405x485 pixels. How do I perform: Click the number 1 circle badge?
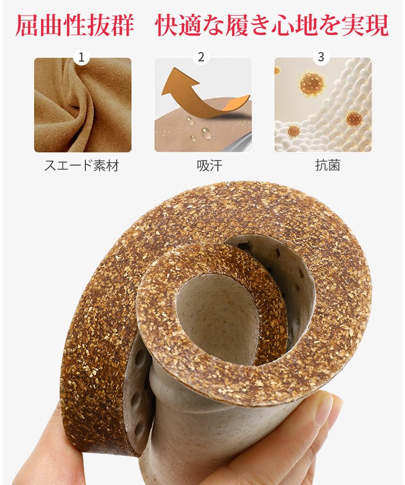(82, 57)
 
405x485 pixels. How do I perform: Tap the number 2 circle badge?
(201, 57)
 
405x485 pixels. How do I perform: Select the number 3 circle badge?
(321, 57)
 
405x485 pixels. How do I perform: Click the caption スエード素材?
(82, 165)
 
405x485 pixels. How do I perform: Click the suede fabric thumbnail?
(83, 105)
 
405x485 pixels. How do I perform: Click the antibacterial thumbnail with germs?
(323, 105)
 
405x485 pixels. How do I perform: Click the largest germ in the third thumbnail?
(312, 83)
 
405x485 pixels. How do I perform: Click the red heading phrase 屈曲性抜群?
(75, 26)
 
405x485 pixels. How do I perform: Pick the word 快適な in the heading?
(191, 26)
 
